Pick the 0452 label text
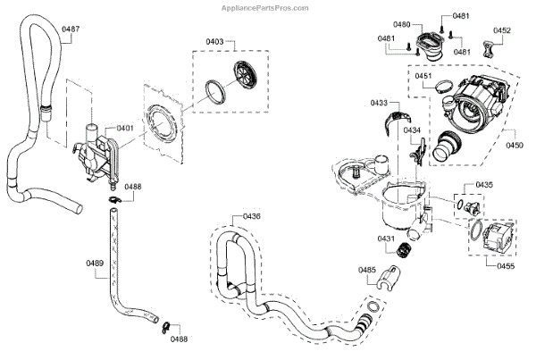[x=501, y=30]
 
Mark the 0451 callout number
[x=423, y=77]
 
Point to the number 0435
[x=483, y=185]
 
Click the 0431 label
[x=386, y=239]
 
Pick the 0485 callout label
[x=367, y=269]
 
